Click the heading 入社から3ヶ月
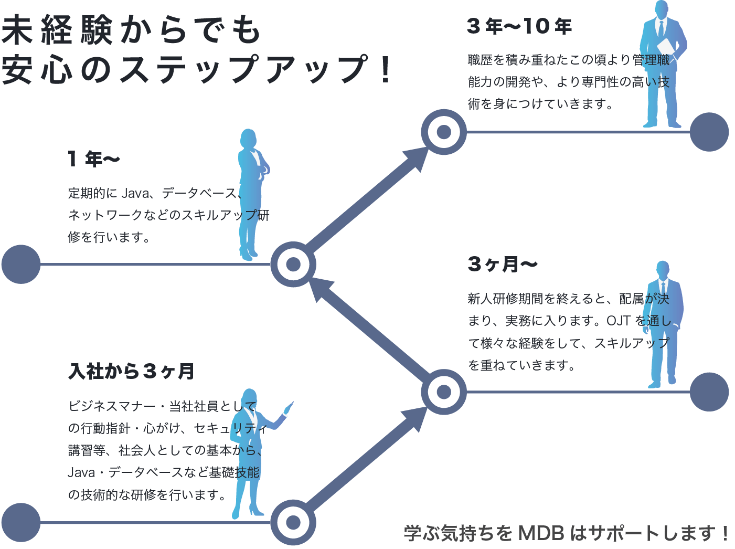(131, 372)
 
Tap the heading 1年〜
(94, 159)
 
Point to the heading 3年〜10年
(519, 27)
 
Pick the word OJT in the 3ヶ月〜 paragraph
(619, 321)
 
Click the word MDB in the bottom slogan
(540, 533)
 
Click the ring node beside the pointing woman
(293, 522)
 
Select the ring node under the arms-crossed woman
(293, 264)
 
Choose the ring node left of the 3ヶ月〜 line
(444, 392)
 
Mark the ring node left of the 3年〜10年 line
(444, 132)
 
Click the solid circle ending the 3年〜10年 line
(709, 132)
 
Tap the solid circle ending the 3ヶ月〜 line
(709, 392)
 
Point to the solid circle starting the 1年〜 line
(21, 264)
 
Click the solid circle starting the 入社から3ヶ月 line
(21, 522)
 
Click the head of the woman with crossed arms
(249, 139)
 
